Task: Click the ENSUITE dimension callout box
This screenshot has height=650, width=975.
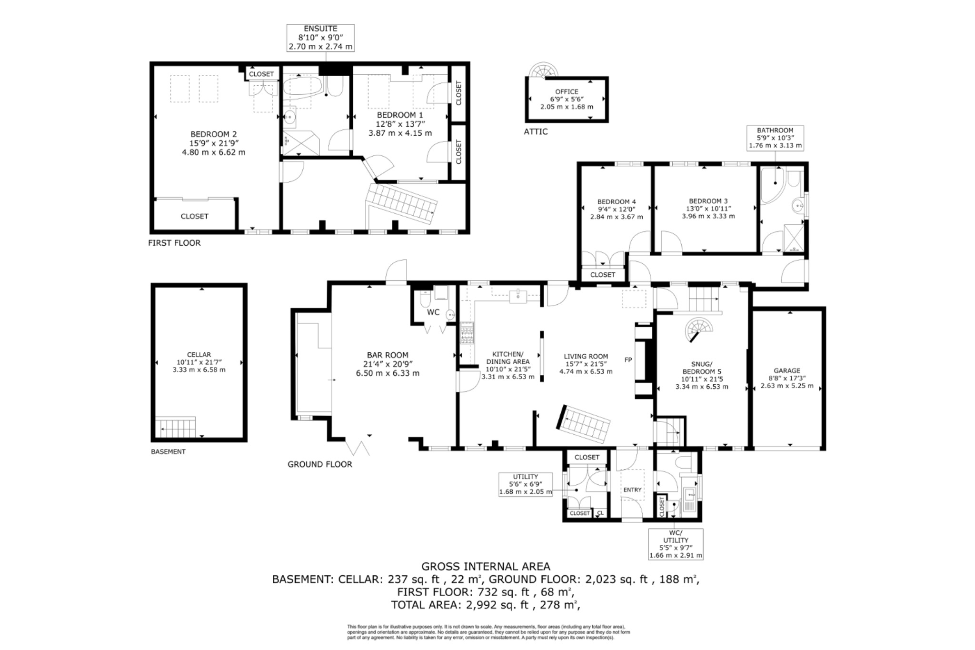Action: (x=320, y=38)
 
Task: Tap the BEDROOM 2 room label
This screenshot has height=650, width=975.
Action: (x=213, y=143)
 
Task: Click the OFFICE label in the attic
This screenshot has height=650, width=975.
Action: (x=567, y=91)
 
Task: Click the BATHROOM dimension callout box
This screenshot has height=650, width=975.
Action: (x=775, y=138)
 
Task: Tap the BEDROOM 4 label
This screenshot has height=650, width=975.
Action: (x=617, y=201)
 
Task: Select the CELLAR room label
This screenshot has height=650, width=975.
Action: (x=199, y=355)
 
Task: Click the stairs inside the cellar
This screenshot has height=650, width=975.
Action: (x=176, y=427)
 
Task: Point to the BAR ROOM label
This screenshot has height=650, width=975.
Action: (x=388, y=355)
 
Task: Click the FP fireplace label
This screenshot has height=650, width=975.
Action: (x=628, y=360)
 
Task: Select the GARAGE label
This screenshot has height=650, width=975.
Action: (x=787, y=370)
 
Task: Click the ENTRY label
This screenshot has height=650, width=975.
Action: (x=632, y=490)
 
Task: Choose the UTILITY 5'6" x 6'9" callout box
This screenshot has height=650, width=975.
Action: (x=526, y=484)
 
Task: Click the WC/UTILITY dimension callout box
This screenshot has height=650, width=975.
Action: (x=676, y=544)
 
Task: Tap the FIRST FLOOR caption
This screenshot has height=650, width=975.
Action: (x=174, y=243)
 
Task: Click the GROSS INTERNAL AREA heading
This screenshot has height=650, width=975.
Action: (x=486, y=566)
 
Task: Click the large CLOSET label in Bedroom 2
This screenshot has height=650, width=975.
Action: (x=194, y=216)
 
